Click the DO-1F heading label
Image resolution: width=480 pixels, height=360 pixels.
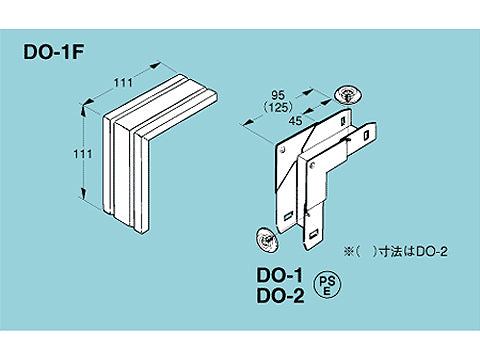point(53,52)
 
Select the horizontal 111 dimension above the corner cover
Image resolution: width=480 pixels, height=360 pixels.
point(123,82)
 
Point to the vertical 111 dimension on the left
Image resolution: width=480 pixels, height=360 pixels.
point(83,154)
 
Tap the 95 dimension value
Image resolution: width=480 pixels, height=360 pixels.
point(278,95)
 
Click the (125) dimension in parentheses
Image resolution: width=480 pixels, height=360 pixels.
point(278,107)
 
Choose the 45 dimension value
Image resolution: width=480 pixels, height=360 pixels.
point(295,120)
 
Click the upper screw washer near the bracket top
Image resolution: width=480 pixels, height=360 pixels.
point(348,96)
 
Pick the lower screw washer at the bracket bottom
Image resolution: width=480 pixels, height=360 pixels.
point(268,240)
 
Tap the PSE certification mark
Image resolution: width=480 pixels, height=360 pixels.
point(327,286)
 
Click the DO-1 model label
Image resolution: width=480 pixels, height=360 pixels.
point(280,275)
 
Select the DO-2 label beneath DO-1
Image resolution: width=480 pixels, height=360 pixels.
point(280,296)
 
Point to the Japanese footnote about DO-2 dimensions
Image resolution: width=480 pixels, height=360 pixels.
point(395,252)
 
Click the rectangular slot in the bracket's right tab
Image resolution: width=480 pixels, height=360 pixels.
point(366,135)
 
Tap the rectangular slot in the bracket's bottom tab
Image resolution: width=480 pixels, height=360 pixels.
point(314,234)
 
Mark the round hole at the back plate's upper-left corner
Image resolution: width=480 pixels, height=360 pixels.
point(284,149)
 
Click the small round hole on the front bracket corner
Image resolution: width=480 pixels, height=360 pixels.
point(312,165)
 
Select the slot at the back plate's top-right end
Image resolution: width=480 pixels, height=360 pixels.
point(343,120)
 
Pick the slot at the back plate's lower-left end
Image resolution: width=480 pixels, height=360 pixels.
point(288,217)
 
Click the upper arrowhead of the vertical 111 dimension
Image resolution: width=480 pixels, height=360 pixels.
point(84,109)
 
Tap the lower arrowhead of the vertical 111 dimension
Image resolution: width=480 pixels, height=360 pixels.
point(84,194)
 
